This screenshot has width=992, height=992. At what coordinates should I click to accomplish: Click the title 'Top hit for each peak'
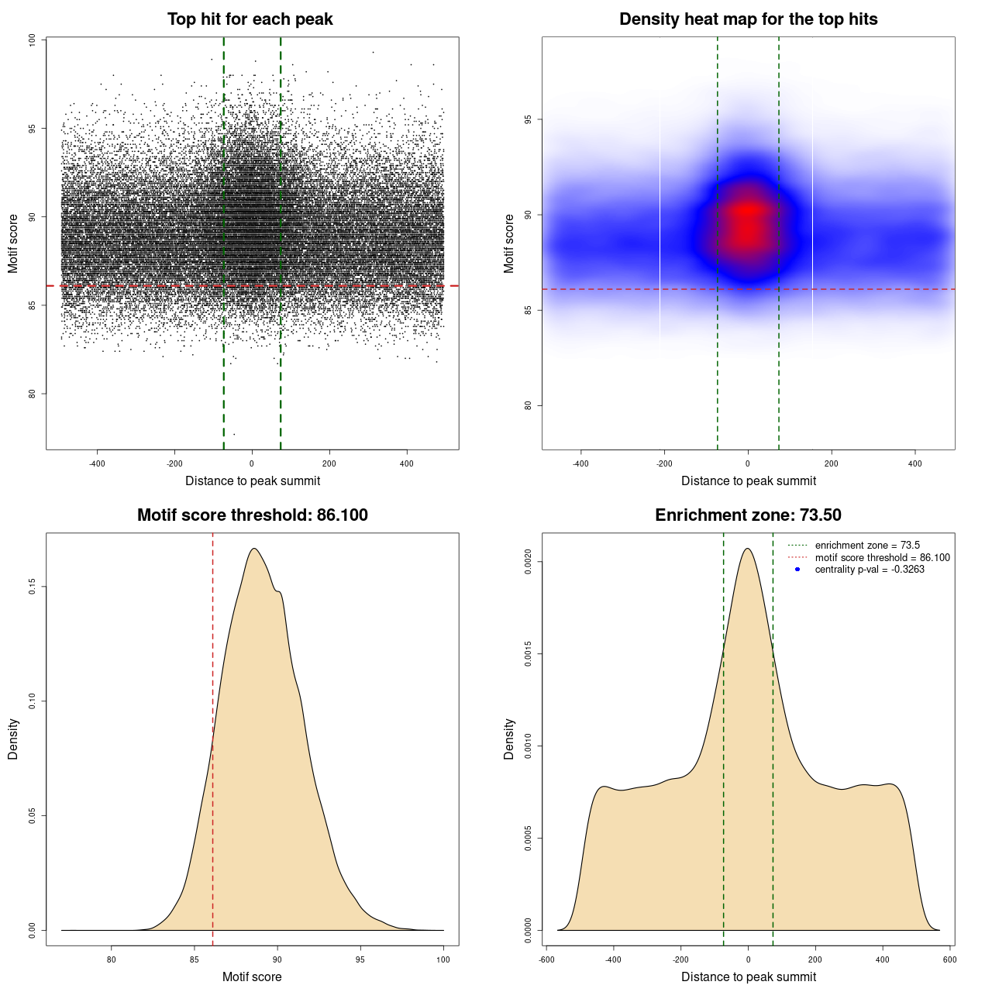point(250,19)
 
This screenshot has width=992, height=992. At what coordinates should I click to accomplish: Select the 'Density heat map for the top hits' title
point(748,19)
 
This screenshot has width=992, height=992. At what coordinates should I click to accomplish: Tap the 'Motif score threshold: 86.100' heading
point(252,515)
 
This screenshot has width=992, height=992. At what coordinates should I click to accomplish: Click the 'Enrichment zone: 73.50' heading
point(748,515)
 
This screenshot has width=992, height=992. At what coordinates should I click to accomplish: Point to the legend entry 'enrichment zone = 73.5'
point(867,546)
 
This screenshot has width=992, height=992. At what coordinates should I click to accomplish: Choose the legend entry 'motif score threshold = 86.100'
point(882,557)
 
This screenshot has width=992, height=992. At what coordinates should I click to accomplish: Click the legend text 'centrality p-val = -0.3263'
point(870,570)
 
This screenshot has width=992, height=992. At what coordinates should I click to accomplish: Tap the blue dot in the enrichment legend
point(797,570)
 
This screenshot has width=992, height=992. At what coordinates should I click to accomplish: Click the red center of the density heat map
point(747,221)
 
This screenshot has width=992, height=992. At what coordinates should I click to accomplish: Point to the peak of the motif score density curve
point(253,549)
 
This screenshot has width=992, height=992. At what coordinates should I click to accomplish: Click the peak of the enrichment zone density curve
point(748,549)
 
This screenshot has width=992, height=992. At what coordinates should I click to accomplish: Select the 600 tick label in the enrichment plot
point(949,959)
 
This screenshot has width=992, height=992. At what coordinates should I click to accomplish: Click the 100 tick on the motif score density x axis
point(443,959)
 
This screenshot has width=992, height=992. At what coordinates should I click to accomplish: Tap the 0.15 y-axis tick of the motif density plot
point(33,587)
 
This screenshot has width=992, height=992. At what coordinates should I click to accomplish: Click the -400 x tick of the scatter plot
point(97,463)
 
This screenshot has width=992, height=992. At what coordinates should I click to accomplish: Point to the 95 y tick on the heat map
point(529,119)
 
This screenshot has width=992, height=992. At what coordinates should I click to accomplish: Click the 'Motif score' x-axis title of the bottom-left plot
point(252,976)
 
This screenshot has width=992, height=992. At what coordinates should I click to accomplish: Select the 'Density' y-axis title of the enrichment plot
point(509,739)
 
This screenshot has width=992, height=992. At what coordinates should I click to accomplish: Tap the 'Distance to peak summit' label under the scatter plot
point(253,480)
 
